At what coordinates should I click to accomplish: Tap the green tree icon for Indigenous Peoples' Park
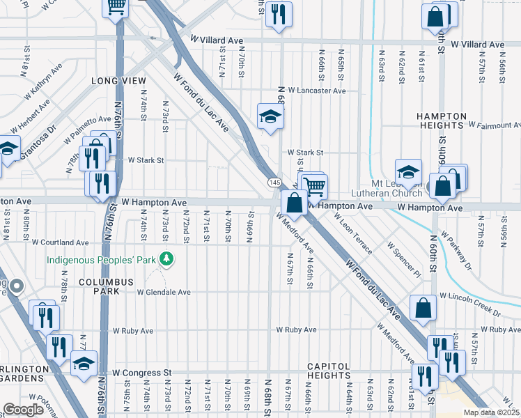166,260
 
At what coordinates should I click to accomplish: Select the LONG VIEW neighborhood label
118,82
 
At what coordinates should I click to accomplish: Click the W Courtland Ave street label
61,242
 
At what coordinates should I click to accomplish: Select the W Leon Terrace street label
352,228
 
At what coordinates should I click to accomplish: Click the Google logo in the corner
23,409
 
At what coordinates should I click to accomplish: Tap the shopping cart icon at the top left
116,6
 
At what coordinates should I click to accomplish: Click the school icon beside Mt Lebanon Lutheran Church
408,170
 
